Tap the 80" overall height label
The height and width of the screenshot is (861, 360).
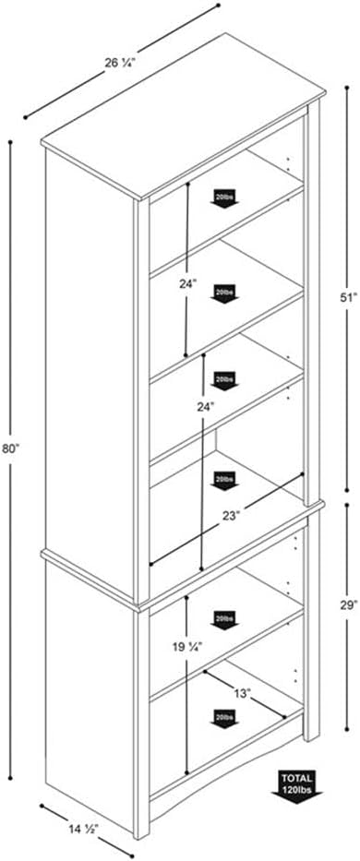coord(11,449)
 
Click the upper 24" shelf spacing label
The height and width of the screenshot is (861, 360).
coord(188,285)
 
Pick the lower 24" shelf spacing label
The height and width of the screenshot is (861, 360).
coord(205,406)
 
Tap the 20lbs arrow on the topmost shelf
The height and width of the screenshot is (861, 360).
coord(223,199)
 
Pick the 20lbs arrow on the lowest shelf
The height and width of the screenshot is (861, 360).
coord(223,716)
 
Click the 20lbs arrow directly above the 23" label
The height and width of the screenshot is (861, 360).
coord(223,480)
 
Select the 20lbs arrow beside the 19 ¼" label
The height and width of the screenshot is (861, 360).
coord(223,619)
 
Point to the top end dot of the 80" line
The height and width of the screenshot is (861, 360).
coord(11,141)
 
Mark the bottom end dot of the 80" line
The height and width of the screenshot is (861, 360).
coord(11,778)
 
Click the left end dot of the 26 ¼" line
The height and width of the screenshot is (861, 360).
coord(26,117)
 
